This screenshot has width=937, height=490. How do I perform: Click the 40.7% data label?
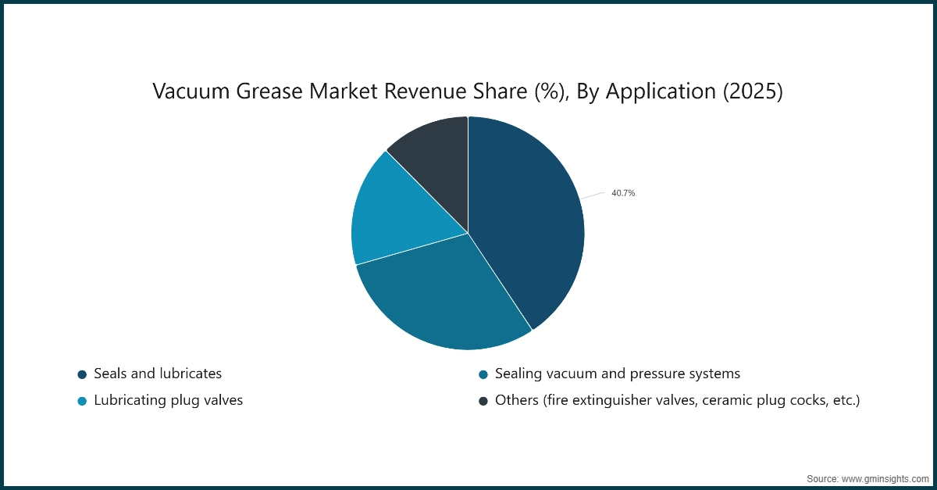pos(623,193)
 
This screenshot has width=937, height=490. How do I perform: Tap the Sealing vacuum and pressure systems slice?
pos(444,297)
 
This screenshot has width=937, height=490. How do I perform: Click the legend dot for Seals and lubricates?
pos(82,374)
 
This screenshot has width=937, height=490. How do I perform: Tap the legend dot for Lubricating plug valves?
pos(82,401)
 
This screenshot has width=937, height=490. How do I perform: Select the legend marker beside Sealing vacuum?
pos(483,374)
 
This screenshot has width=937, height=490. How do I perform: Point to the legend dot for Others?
pos(483,401)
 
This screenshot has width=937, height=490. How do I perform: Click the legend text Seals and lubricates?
pos(158,374)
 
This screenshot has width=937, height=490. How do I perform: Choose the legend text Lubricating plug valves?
pos(168,400)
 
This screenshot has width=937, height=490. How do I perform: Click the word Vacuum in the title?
pos(191,91)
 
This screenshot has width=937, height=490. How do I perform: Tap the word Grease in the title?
pos(269,91)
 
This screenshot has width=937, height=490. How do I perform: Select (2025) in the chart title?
pos(753,91)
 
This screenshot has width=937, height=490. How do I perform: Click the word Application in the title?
pos(661,92)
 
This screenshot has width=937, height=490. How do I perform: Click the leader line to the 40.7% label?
pos(593,195)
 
